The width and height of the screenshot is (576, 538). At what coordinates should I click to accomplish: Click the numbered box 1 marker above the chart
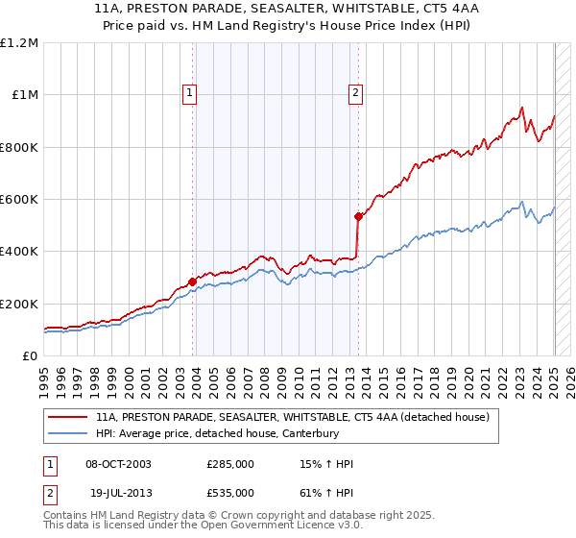(x=190, y=93)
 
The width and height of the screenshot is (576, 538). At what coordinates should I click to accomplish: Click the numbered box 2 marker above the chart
(x=355, y=93)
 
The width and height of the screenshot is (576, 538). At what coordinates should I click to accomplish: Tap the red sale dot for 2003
(x=193, y=281)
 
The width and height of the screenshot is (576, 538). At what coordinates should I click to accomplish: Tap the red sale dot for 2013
(x=358, y=216)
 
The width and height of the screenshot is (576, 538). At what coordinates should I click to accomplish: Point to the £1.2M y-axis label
(x=20, y=43)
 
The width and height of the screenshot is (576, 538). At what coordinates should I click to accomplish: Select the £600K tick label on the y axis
(x=19, y=200)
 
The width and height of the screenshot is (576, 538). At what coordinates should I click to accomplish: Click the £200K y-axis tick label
(x=19, y=304)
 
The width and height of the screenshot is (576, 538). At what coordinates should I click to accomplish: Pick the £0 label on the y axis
(x=31, y=356)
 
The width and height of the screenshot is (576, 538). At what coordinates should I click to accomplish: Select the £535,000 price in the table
(x=230, y=493)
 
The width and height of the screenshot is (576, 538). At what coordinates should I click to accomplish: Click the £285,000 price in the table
(x=230, y=465)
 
